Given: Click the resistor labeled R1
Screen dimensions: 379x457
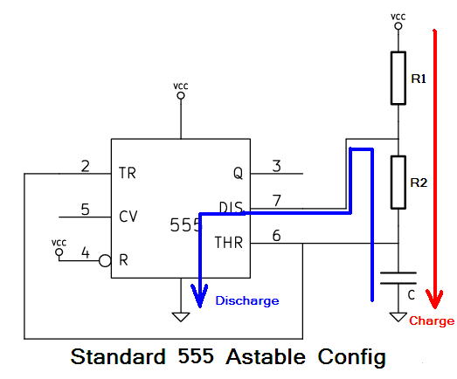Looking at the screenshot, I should click(x=398, y=78).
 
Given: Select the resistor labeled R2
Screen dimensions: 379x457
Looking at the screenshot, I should click(x=398, y=182).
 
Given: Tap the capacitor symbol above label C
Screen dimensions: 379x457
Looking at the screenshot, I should click(x=398, y=279).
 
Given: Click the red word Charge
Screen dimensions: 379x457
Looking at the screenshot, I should click(x=432, y=321).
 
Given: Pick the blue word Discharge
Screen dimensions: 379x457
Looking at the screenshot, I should click(x=247, y=300).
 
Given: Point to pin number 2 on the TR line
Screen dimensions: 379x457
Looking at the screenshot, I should click(x=86, y=166).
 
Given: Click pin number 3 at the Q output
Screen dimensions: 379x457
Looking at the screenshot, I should click(x=277, y=166).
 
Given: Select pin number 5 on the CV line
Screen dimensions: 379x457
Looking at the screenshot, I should click(x=86, y=210).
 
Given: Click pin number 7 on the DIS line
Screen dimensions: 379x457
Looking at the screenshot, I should click(x=277, y=202).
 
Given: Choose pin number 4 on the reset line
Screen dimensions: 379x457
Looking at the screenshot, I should click(x=86, y=252).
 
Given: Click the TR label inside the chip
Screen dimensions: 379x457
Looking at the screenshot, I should click(x=128, y=173).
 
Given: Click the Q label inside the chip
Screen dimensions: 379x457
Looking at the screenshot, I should click(x=238, y=173).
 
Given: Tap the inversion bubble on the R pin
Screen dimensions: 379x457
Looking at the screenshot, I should click(x=104, y=259).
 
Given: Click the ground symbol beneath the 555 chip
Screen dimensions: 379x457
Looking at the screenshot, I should click(x=181, y=317).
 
